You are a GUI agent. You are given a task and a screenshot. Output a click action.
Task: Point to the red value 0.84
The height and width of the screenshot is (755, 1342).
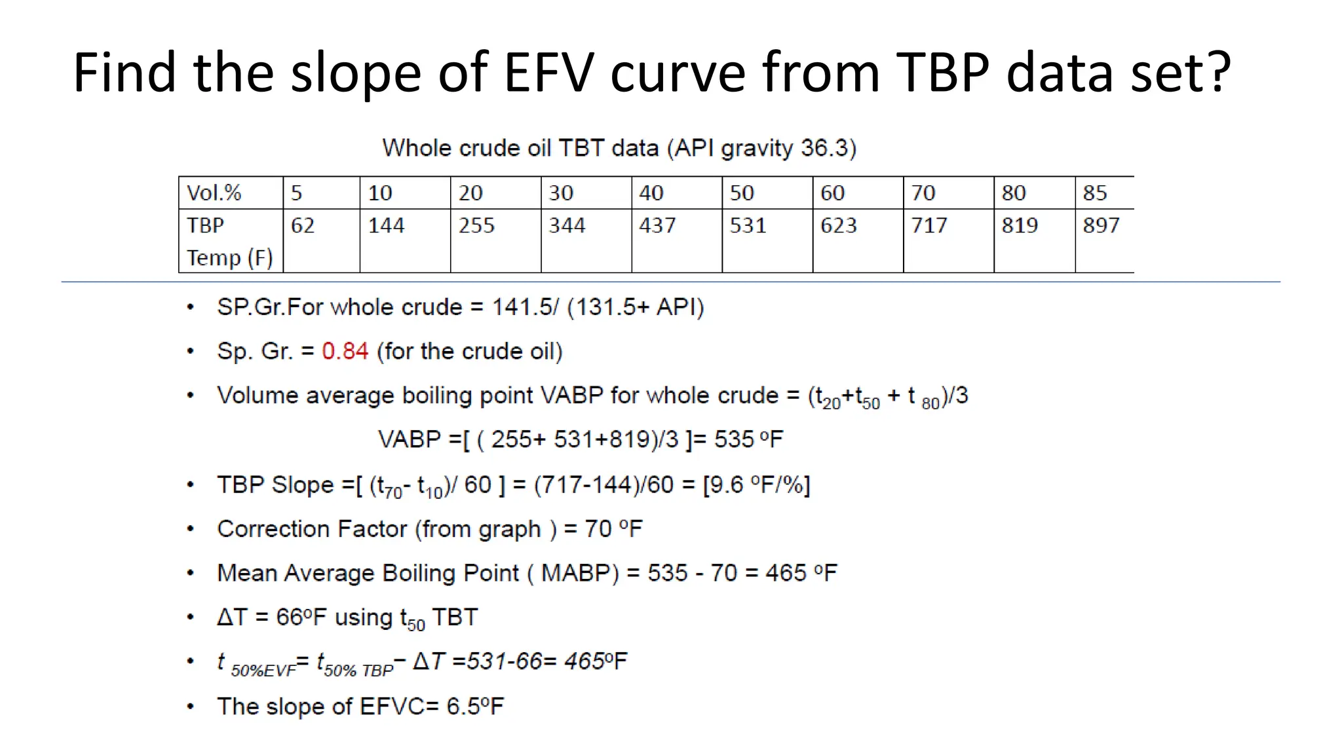(x=345, y=352)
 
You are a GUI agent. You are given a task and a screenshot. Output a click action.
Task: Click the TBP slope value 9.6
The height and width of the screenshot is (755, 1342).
(x=726, y=485)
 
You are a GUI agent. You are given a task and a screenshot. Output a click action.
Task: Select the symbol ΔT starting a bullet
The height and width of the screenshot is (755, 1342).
(x=232, y=617)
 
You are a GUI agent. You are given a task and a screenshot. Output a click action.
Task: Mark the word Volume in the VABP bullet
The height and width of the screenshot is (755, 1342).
(x=258, y=396)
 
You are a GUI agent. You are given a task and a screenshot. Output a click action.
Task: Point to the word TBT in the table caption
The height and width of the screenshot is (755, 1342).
(x=581, y=148)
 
